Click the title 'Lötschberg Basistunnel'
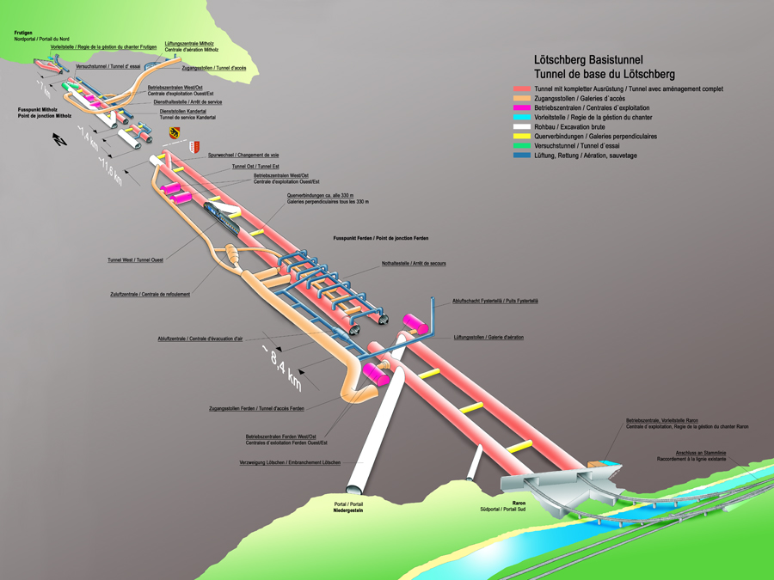pos(589,60)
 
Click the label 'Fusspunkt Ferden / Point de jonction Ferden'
pos(380,237)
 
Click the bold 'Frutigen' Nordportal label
pos(23,33)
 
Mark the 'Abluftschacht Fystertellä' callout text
pos(495,301)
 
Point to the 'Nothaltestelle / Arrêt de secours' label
pos(414,263)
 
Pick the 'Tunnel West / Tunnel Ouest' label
pos(136,259)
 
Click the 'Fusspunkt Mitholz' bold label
pos(38,110)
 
